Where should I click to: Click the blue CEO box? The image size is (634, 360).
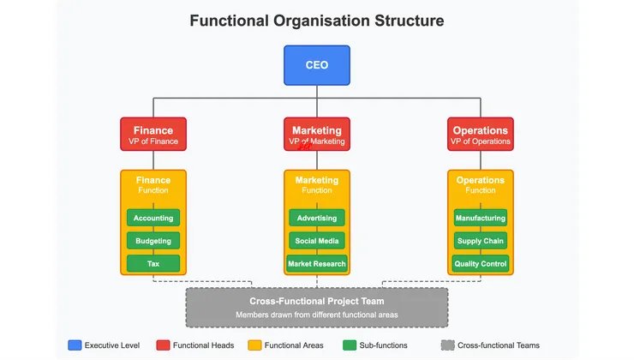(317, 65)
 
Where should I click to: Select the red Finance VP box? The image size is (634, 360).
(153, 135)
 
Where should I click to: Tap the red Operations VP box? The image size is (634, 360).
(481, 135)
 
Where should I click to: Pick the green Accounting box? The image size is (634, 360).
(153, 218)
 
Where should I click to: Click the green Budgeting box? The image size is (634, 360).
(153, 241)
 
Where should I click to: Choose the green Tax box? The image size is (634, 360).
(153, 263)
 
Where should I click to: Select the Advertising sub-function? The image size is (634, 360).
(317, 218)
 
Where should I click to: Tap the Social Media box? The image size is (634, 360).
(317, 241)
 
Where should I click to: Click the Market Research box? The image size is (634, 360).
(317, 263)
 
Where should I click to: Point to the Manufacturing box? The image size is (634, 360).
(481, 218)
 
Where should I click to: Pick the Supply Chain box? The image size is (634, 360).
(481, 241)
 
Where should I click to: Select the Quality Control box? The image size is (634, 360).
(481, 263)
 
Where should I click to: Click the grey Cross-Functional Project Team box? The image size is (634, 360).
(317, 308)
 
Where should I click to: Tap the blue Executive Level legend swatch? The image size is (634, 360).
(75, 345)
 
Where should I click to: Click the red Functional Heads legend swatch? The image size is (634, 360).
(163, 345)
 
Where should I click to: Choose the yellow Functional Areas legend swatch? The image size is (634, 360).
(254, 345)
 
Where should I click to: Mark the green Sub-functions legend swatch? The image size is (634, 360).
(350, 345)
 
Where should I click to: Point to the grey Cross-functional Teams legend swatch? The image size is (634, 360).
(447, 345)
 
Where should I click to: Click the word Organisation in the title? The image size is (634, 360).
(321, 21)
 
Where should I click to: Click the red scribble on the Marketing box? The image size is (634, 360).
(304, 146)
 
